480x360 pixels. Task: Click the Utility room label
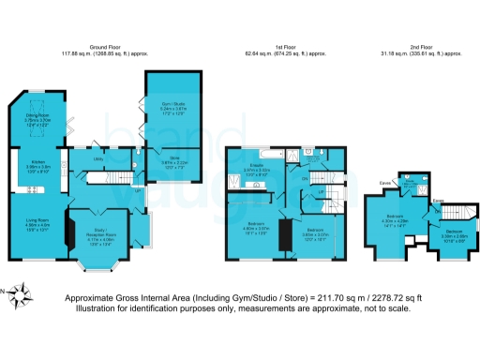pyautogui.click(x=97, y=159)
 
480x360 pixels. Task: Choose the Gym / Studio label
pyautogui.click(x=171, y=109)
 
